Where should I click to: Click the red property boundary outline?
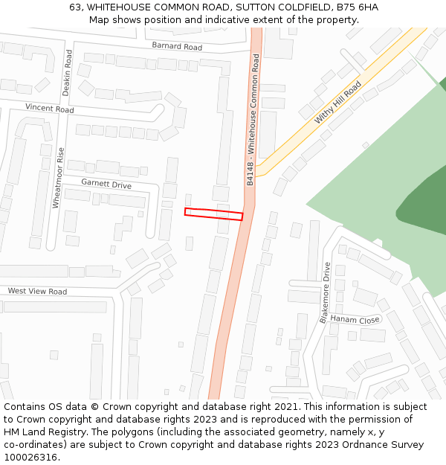point(214,214)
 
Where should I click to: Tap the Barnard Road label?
point(177,47)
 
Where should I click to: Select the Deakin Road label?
point(67,72)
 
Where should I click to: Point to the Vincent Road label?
point(50,109)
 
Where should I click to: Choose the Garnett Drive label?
point(106,185)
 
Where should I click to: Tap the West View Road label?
point(37,291)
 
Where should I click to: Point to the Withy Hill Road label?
point(337,102)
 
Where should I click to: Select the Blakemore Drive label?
point(325,292)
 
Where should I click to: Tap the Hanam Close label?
point(355,319)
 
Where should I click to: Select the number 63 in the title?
point(75,7)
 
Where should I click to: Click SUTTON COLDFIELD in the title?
point(288,7)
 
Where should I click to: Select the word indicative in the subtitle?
point(214,19)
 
